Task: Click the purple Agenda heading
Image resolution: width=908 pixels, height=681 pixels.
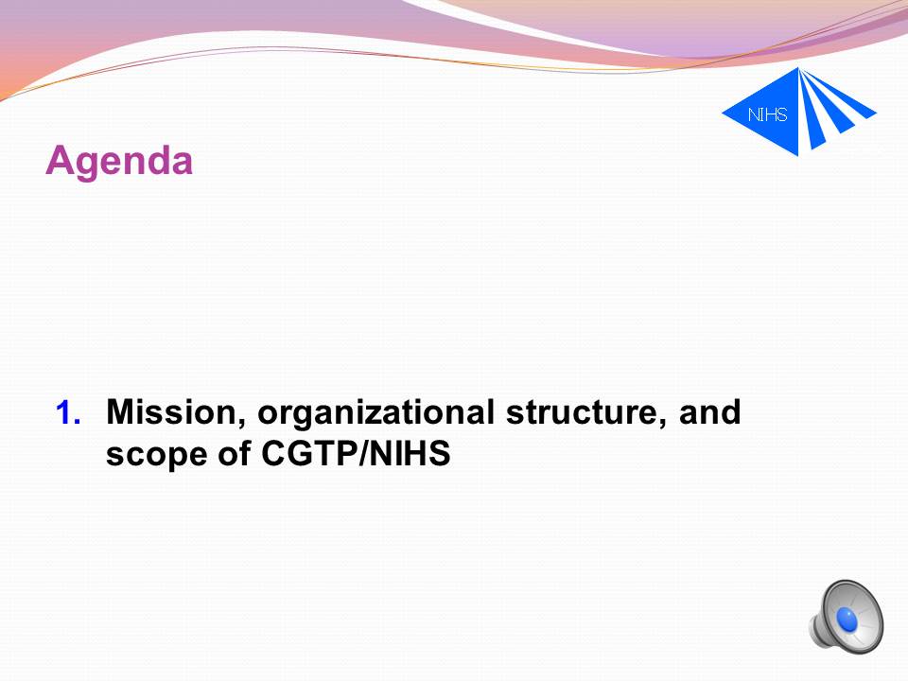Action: [119, 161]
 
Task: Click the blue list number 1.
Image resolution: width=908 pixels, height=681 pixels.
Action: [68, 413]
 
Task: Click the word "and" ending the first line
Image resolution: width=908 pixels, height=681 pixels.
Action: [710, 411]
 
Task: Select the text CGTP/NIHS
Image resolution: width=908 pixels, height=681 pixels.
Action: [356, 453]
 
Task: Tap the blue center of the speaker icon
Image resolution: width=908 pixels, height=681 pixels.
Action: [847, 620]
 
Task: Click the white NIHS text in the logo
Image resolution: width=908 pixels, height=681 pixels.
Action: [767, 114]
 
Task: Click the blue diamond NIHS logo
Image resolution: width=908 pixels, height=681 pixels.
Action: [798, 112]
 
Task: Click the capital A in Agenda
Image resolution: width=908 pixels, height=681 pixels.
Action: [61, 159]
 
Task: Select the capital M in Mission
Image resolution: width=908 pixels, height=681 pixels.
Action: [121, 411]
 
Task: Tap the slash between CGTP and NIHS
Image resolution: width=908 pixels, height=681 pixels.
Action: [363, 453]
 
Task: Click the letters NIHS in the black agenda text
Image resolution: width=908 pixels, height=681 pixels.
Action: [410, 453]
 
